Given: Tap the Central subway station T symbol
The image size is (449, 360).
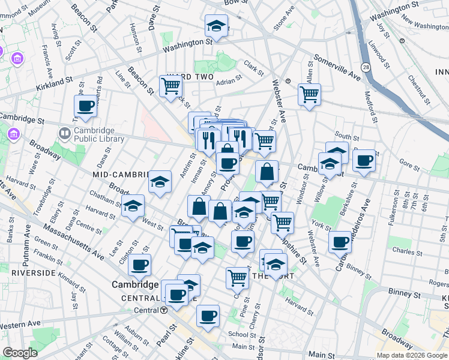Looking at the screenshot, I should [163, 310].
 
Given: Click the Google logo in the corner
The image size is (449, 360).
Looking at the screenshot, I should [20, 353].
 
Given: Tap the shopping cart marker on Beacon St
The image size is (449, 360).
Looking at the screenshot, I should [170, 86].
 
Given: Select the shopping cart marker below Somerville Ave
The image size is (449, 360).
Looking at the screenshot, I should [309, 94].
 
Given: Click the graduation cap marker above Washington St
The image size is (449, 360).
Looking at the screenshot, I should [216, 26].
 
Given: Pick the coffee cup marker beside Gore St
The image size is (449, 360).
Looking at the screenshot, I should [364, 160].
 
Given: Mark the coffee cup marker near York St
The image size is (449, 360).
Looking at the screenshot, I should [340, 242].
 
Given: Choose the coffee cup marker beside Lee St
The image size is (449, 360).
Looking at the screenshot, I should [139, 264].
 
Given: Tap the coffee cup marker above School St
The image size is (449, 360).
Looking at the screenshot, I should [208, 315].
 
